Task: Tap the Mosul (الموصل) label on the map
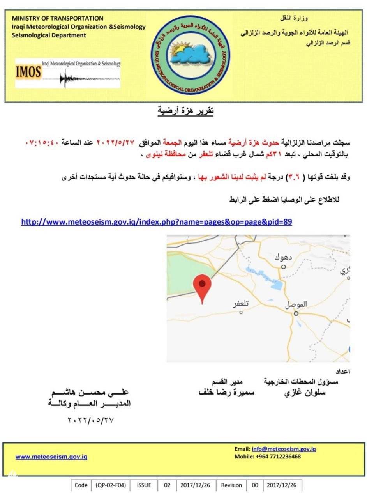[296, 304]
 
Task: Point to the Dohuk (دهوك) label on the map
[282, 258]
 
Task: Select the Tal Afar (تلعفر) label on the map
[241, 304]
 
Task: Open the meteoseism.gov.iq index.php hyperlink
[156, 222]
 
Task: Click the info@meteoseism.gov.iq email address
[284, 449]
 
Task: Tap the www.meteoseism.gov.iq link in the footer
[51, 457]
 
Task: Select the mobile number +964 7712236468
[278, 457]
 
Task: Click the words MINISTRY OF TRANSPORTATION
[57, 18]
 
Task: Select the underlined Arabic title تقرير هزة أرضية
[185, 111]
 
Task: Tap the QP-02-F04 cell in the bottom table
[111, 485]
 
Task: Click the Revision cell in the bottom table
[231, 485]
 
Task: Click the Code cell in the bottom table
[81, 485]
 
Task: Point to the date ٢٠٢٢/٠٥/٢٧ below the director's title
[92, 420]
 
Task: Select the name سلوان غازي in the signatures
[305, 393]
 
